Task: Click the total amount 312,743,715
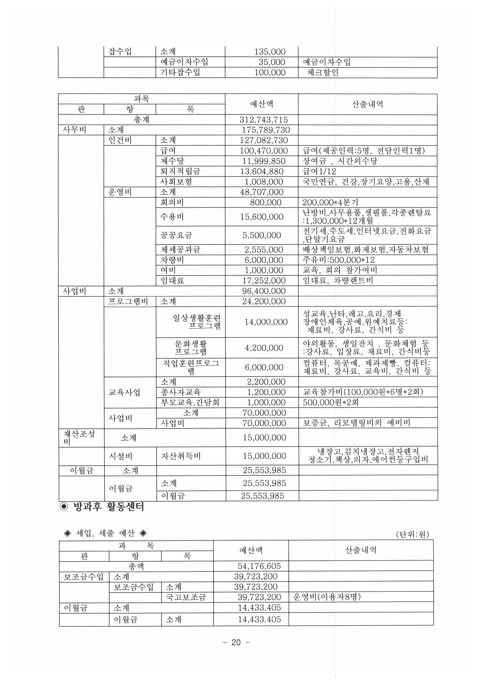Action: click(263, 120)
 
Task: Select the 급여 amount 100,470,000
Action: click(263, 151)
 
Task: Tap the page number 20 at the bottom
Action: click(236, 643)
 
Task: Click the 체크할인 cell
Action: click(322, 72)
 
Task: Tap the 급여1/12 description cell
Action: click(320, 172)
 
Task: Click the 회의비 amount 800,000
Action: click(266, 202)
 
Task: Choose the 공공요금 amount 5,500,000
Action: click(261, 235)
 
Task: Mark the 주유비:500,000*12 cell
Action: click(339, 260)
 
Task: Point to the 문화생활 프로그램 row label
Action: click(191, 347)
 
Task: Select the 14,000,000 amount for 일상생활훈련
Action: click(266, 322)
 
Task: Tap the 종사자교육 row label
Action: click(180, 392)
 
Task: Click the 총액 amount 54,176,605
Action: click(259, 566)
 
